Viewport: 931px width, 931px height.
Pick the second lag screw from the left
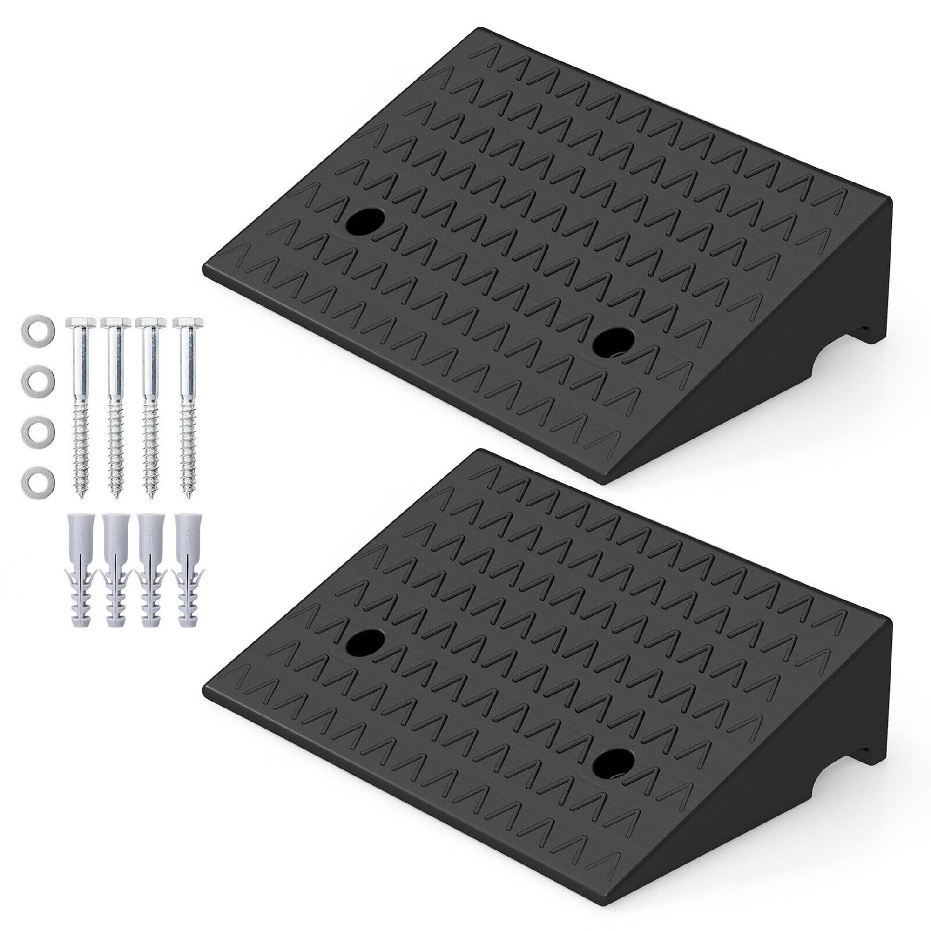tap(115, 400)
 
